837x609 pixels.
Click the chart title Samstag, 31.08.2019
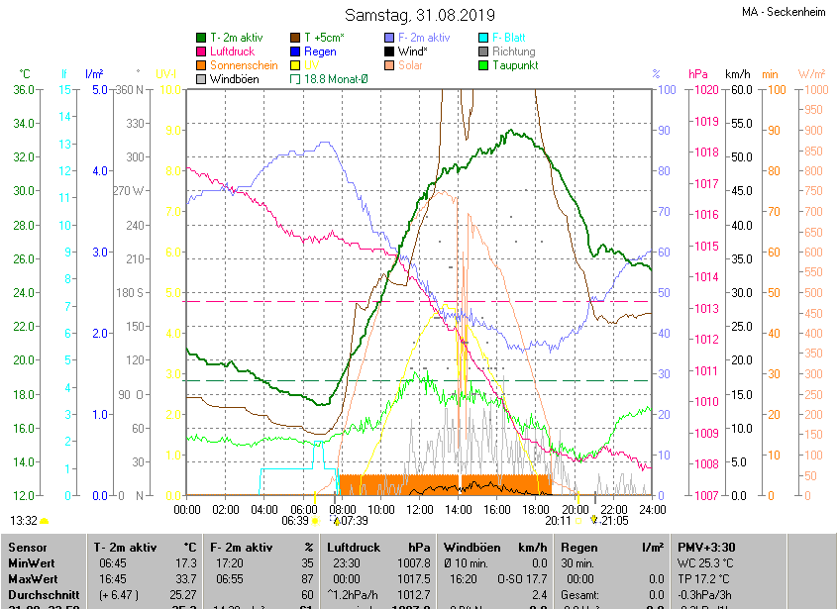pyautogui.click(x=419, y=15)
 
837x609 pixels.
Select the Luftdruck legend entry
pyautogui.click(x=239, y=51)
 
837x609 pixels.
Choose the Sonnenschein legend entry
pyautogui.click(x=244, y=65)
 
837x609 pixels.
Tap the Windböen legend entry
pyautogui.click(x=234, y=79)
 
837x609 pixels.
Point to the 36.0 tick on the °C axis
pyautogui.click(x=23, y=90)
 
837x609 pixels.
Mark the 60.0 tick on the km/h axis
pyautogui.click(x=738, y=90)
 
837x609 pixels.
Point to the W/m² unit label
pyautogui.click(x=811, y=74)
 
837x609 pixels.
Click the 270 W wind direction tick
pyautogui.click(x=129, y=191)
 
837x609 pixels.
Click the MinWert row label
pyautogui.click(x=33, y=562)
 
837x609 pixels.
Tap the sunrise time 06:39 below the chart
pyautogui.click(x=295, y=520)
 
